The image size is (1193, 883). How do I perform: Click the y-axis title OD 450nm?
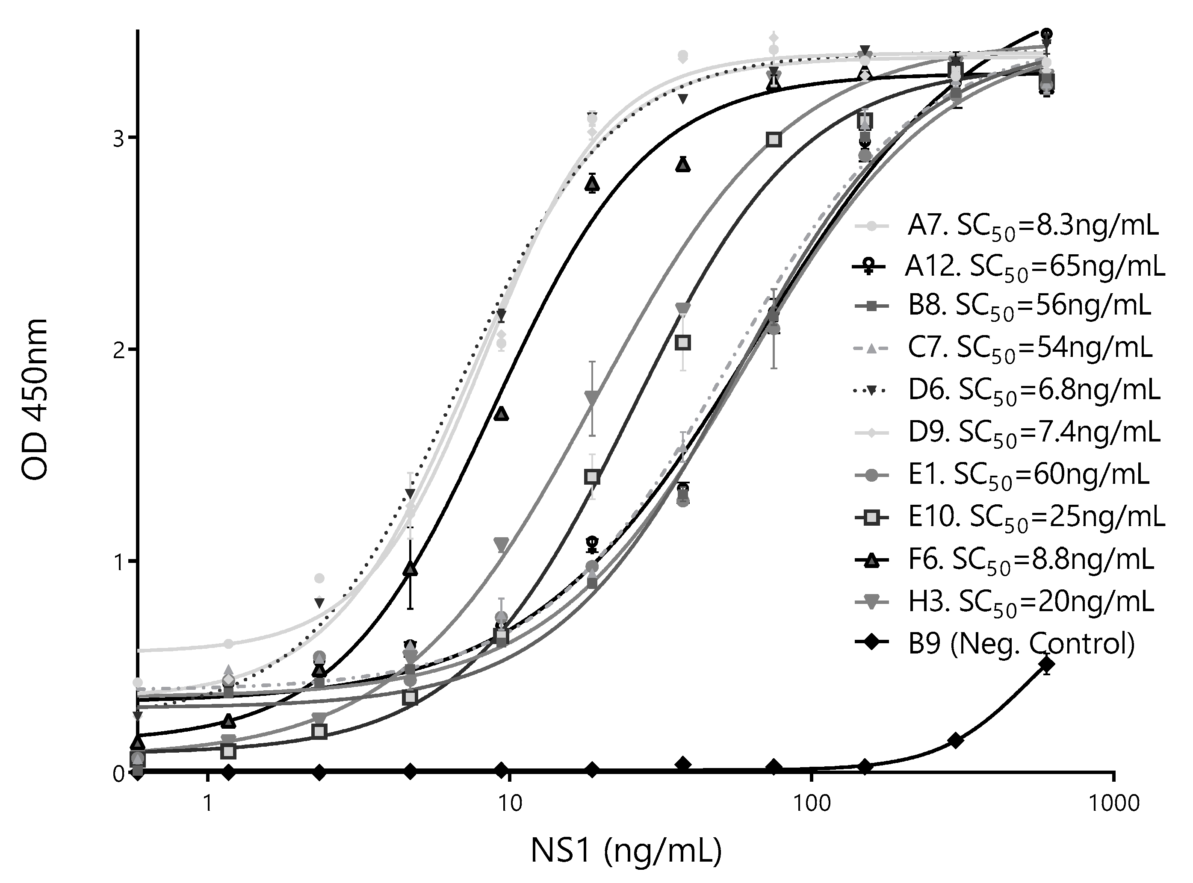[35, 400]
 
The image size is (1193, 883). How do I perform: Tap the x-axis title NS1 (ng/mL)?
[626, 851]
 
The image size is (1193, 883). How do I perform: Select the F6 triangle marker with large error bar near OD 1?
[410, 569]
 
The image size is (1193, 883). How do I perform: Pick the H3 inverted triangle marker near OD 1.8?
[591, 397]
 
